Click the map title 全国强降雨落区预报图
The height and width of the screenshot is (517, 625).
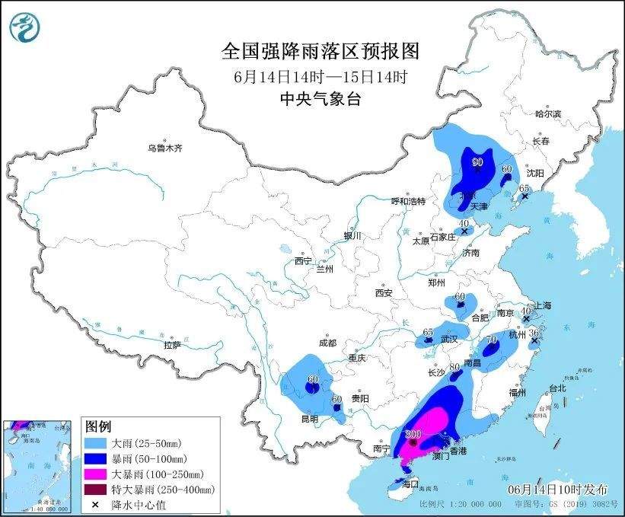[x=320, y=51]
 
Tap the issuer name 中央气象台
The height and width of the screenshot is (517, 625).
[x=320, y=98]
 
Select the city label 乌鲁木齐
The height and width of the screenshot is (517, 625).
[x=164, y=148]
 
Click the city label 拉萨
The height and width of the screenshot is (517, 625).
[x=172, y=345]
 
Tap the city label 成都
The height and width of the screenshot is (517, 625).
[x=328, y=343]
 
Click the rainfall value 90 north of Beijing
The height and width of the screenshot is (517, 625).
[x=478, y=161]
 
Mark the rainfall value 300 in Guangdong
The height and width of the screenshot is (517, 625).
[x=413, y=435]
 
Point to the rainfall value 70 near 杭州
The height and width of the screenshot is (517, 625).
[x=492, y=340]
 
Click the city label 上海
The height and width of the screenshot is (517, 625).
[x=543, y=305]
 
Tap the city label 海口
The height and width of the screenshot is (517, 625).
[x=410, y=483]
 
